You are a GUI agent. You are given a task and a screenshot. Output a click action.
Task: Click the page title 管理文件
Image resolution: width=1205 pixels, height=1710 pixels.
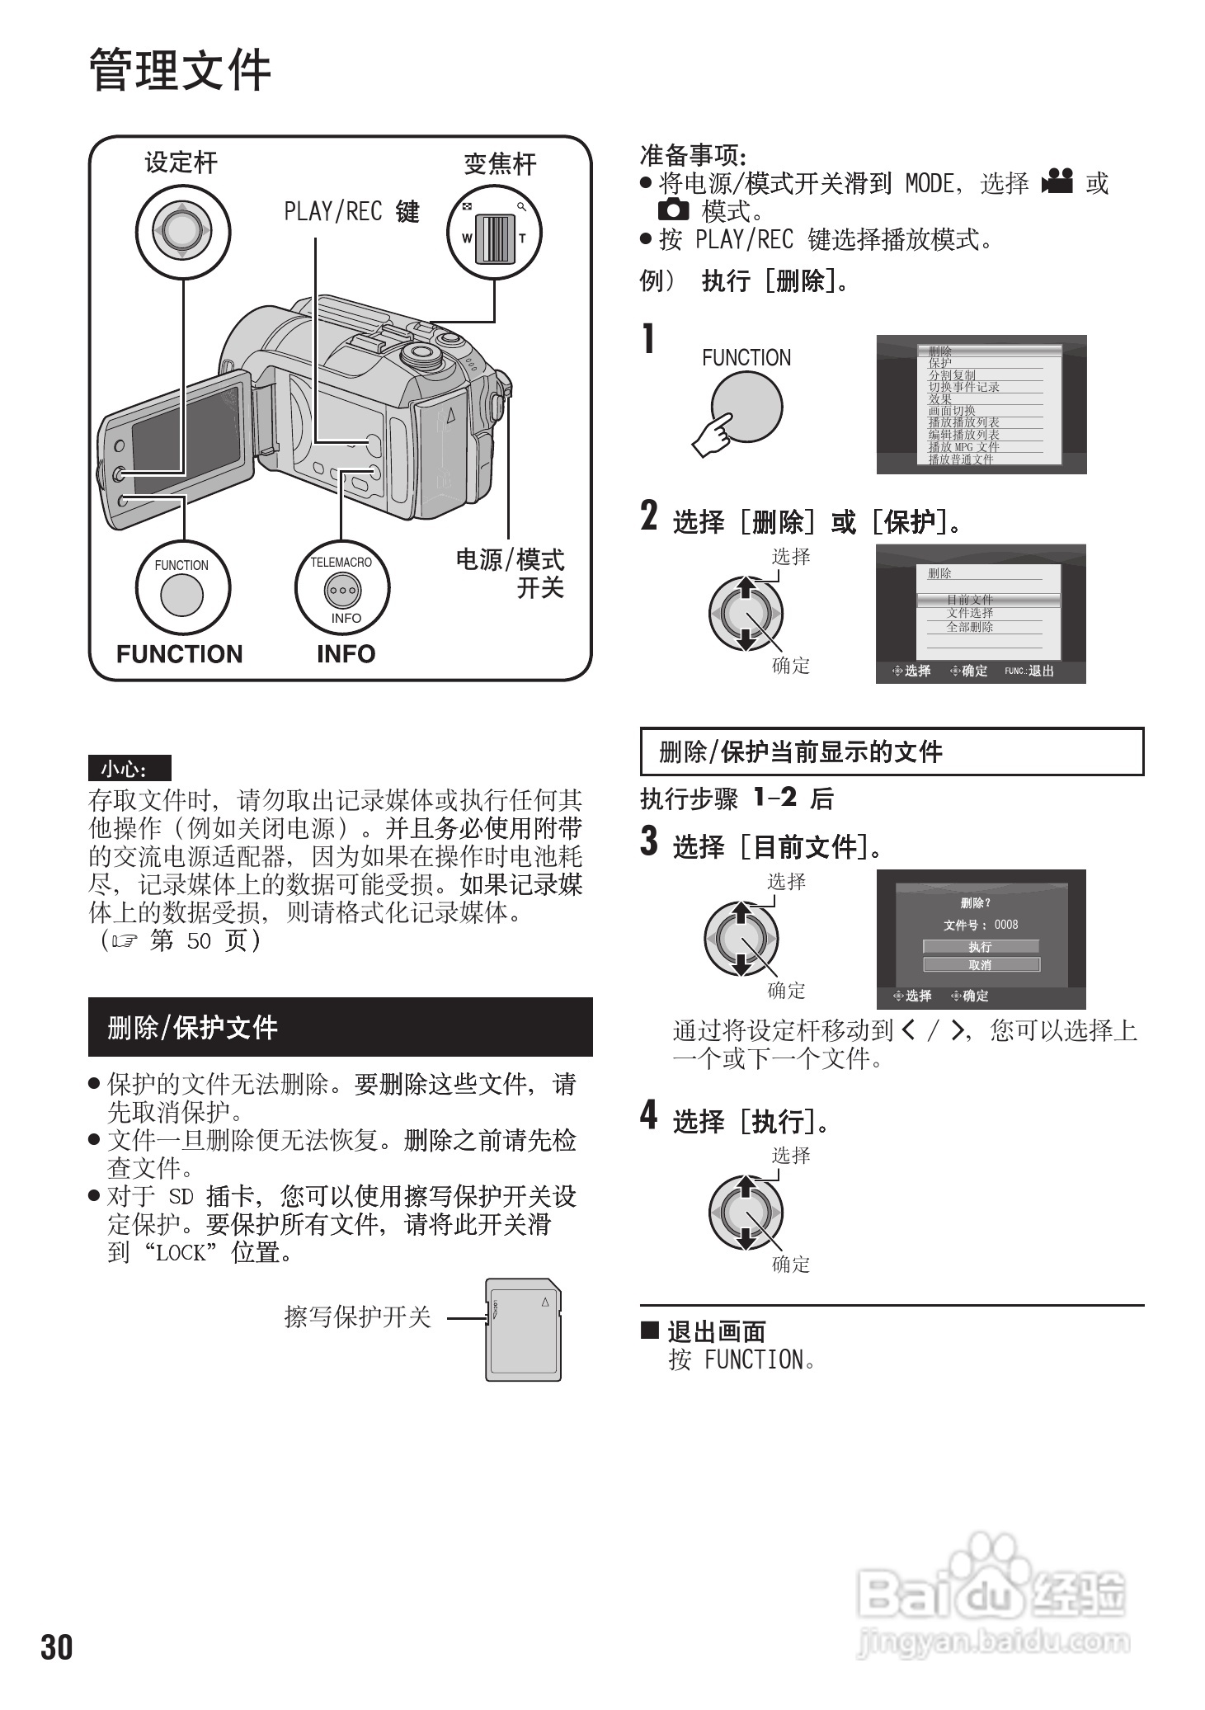click(x=180, y=70)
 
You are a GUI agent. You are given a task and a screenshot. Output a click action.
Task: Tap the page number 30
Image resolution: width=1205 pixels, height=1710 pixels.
click(x=57, y=1646)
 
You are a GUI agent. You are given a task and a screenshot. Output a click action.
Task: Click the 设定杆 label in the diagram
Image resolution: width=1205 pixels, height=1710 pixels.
click(x=181, y=163)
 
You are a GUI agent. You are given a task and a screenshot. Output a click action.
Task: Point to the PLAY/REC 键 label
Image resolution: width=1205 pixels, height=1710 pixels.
click(x=351, y=212)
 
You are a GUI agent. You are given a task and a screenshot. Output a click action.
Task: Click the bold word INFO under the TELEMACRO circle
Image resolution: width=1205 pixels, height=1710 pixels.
click(x=346, y=654)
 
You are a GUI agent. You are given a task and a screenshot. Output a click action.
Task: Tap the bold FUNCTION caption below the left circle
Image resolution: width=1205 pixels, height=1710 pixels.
click(x=179, y=654)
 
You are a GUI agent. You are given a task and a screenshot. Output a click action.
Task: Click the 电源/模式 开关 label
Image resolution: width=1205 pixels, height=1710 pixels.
click(x=511, y=573)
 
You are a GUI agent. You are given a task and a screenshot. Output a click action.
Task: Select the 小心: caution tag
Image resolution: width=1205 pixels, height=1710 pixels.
click(x=129, y=769)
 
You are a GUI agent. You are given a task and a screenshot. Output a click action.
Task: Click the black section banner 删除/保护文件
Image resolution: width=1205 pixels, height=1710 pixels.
click(x=340, y=1027)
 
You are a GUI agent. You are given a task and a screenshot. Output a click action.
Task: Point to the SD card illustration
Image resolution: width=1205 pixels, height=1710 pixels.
click(x=523, y=1329)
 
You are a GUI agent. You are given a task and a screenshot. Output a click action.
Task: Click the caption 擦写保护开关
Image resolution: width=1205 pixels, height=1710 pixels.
click(x=357, y=1317)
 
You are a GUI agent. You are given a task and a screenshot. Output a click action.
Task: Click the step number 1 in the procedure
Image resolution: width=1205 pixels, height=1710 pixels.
click(x=649, y=339)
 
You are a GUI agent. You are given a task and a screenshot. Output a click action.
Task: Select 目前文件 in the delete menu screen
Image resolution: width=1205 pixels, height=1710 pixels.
click(x=970, y=599)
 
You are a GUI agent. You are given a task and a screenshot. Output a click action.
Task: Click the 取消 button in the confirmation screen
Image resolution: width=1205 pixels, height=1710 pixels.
click(x=980, y=964)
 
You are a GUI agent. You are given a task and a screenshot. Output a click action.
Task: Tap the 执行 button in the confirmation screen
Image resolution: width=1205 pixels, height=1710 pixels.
click(x=980, y=946)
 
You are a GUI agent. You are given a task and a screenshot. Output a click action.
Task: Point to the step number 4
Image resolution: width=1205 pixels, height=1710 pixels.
click(x=649, y=1114)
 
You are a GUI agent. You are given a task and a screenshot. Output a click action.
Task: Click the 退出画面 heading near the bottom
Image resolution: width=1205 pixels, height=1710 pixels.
click(x=716, y=1331)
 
